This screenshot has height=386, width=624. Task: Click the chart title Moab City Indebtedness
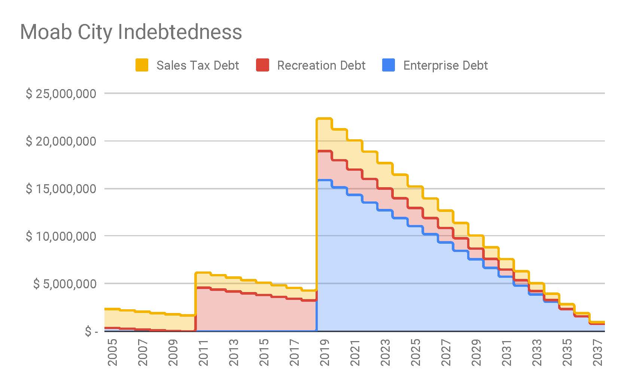[x=131, y=32]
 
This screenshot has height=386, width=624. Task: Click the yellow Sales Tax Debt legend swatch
[x=142, y=65]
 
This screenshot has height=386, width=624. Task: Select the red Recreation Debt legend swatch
[x=262, y=65]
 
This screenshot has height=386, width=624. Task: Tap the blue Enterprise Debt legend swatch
[x=389, y=65]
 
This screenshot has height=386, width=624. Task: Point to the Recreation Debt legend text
[x=321, y=66]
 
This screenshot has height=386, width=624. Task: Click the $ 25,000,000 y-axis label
[x=61, y=94]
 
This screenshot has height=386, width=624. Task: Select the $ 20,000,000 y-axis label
[x=61, y=141]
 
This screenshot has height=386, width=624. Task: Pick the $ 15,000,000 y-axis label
[x=61, y=189]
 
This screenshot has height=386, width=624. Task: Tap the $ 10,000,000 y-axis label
[x=61, y=236]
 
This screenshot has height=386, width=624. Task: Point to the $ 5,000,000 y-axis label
[x=65, y=284]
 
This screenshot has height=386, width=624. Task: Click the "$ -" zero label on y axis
[x=91, y=331]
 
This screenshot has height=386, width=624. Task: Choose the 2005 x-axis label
[x=112, y=353]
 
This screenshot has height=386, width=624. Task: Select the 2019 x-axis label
[x=325, y=353]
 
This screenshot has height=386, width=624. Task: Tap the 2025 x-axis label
[x=416, y=353]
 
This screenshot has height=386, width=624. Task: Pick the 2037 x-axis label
[x=597, y=353]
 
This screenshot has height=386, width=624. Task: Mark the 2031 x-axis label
[x=506, y=353]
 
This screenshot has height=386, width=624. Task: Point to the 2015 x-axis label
[x=264, y=353]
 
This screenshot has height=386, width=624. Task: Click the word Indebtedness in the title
[x=180, y=32]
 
